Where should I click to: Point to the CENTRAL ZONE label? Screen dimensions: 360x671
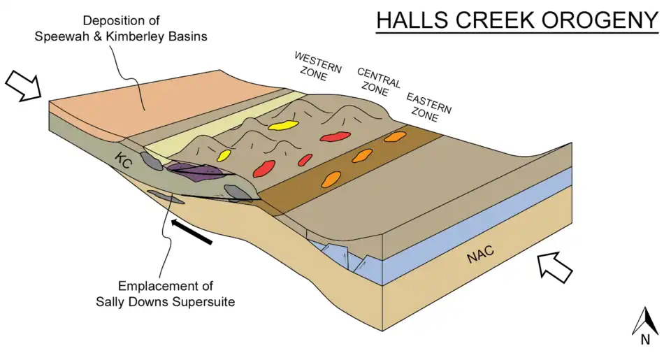378,82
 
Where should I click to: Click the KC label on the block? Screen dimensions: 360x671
124,160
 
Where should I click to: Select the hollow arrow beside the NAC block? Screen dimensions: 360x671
556,266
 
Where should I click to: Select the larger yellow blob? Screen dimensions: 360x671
282,126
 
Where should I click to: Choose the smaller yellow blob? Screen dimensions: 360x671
224,154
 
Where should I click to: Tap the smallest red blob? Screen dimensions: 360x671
305,159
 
